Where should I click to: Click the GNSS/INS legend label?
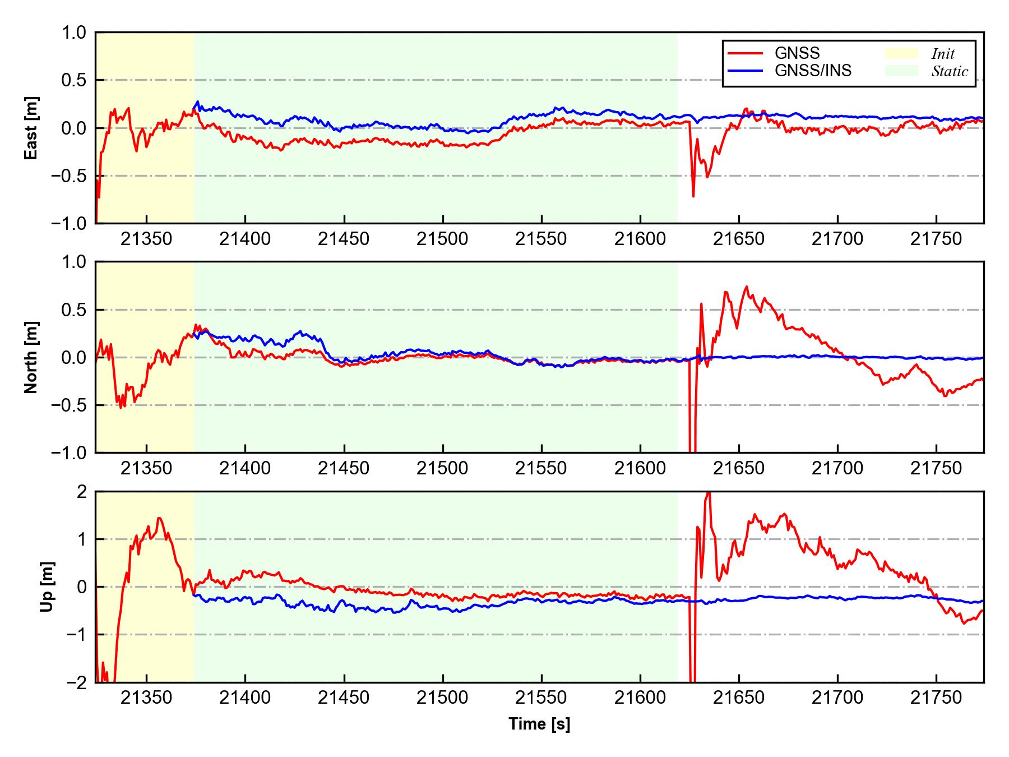(x=813, y=71)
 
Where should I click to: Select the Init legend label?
(x=943, y=54)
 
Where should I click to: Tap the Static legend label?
(x=950, y=71)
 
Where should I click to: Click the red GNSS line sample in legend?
(x=745, y=53)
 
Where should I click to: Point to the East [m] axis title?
(x=31, y=128)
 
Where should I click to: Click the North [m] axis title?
(x=31, y=357)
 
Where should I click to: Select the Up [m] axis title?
(x=47, y=587)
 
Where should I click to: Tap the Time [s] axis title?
(x=539, y=724)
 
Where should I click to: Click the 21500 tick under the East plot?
(x=442, y=239)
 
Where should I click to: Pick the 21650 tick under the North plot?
(x=738, y=468)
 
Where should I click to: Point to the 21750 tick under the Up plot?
(x=936, y=698)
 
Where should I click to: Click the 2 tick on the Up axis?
(x=82, y=492)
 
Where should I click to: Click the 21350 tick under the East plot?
(x=146, y=239)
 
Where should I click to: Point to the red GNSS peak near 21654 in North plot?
(x=746, y=287)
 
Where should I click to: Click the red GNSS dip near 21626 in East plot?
(x=693, y=196)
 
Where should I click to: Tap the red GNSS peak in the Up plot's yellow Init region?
(x=159, y=518)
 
